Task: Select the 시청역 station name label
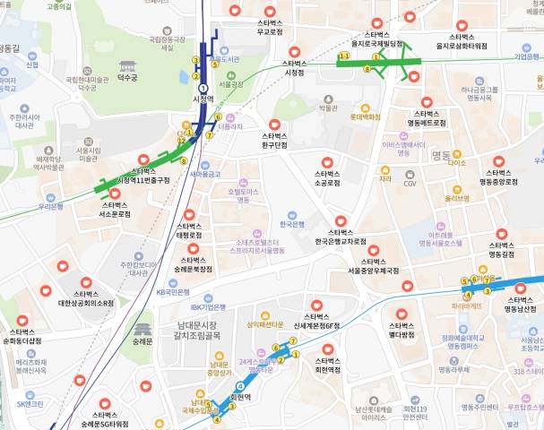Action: [x=205, y=99]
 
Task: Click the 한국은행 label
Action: [x=291, y=223]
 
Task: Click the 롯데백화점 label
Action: [x=365, y=116]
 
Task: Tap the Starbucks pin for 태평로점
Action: [x=189, y=216]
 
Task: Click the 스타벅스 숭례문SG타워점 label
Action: [x=103, y=419]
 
